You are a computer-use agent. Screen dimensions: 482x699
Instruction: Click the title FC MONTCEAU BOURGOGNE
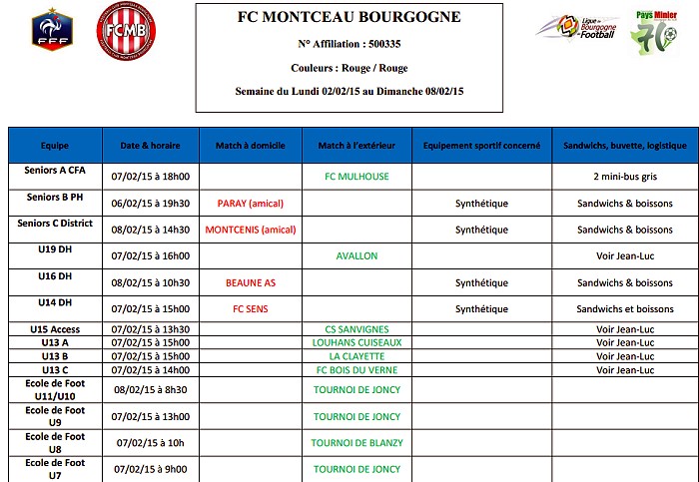349,17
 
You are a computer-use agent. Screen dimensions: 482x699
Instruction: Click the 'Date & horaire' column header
150,145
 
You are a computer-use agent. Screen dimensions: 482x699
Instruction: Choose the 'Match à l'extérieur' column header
355,145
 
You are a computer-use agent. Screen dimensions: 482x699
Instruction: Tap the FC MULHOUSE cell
355,177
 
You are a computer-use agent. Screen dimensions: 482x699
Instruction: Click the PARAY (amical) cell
250,204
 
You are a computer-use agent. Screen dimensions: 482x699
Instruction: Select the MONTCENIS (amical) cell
250,230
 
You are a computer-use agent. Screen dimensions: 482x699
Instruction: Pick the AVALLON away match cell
355,256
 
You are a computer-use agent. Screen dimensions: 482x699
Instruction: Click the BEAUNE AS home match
250,282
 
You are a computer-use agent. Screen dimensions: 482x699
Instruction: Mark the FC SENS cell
250,309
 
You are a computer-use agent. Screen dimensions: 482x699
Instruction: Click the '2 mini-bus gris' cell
625,177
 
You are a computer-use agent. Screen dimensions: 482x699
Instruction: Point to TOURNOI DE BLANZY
355,443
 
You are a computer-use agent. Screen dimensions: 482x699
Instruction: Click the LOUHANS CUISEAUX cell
355,343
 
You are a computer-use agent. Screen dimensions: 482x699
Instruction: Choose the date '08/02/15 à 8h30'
150,389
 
